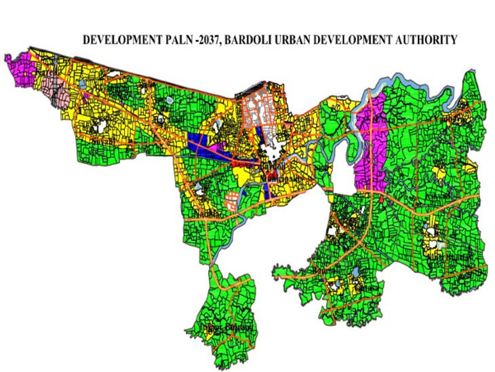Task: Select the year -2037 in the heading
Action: coord(207,40)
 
